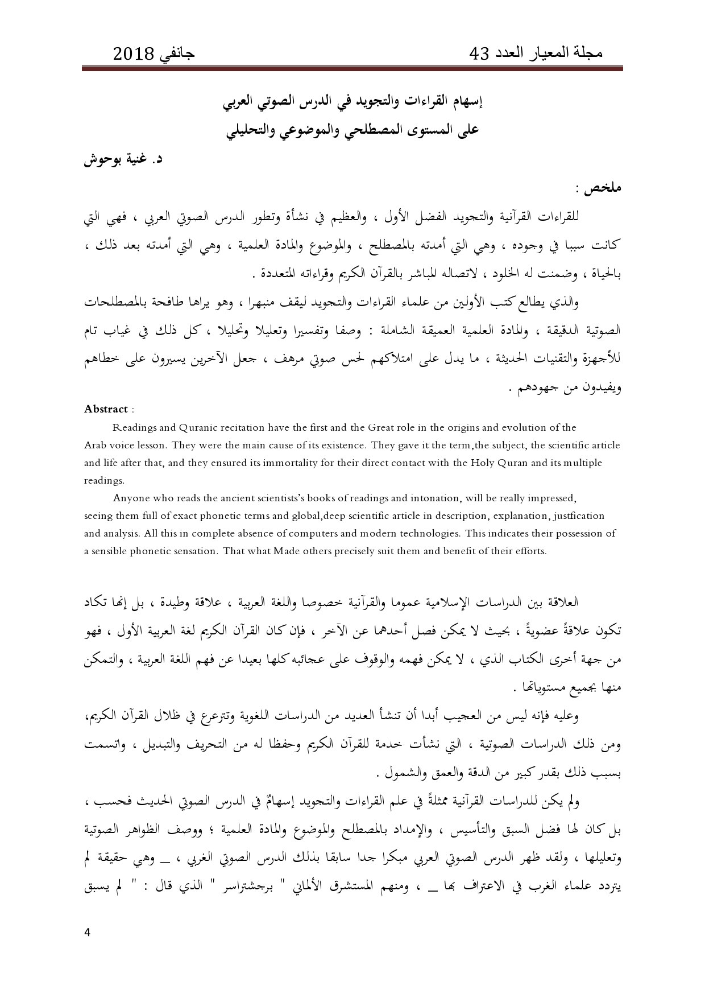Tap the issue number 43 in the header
[479, 54]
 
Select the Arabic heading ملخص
[607, 188]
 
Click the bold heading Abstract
[106, 409]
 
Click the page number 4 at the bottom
[87, 932]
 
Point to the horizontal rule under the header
[353, 69]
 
